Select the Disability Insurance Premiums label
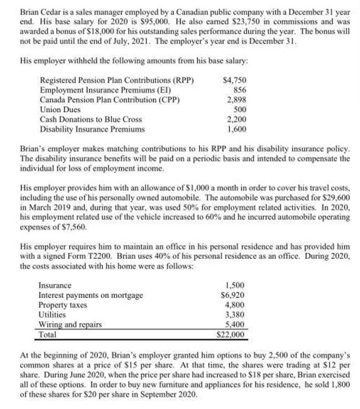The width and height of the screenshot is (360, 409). click(92, 128)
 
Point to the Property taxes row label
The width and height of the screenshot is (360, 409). click(63, 305)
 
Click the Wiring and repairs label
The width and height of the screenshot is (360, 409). click(70, 324)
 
